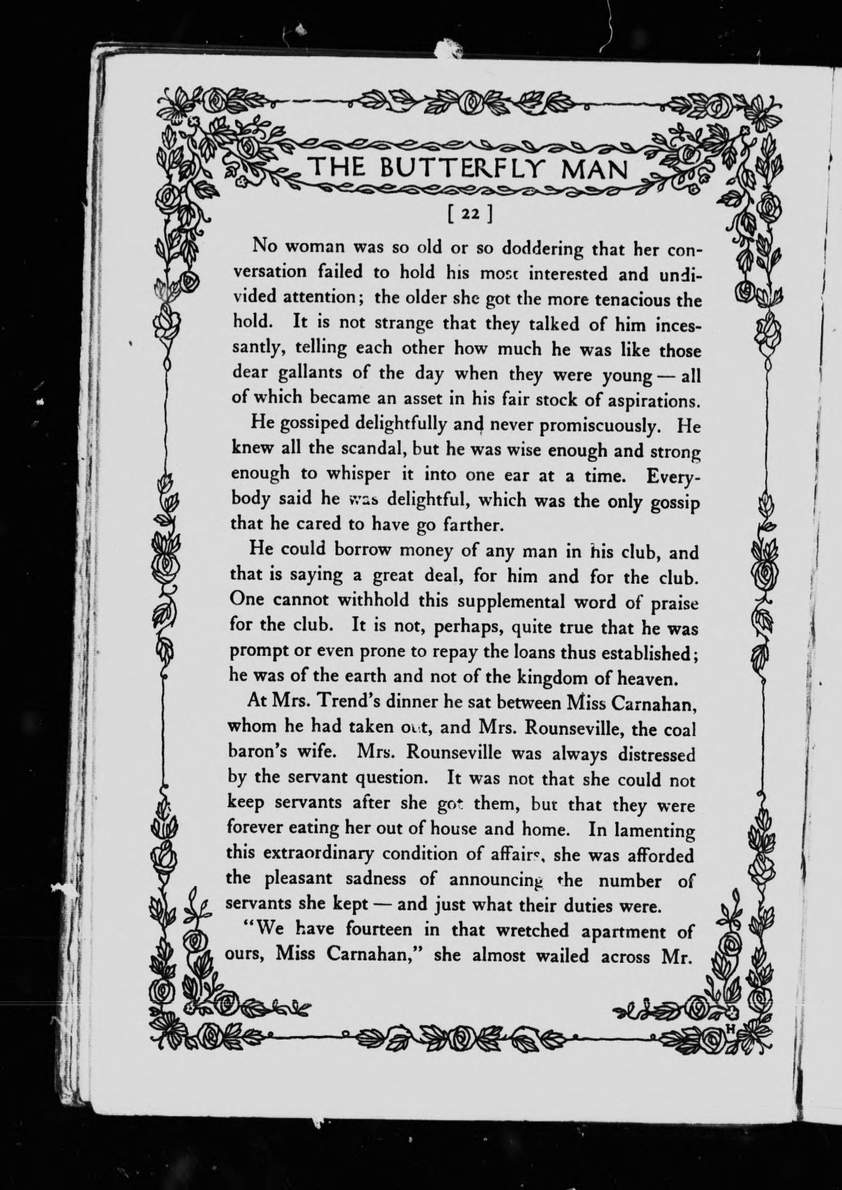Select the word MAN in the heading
click(x=595, y=170)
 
